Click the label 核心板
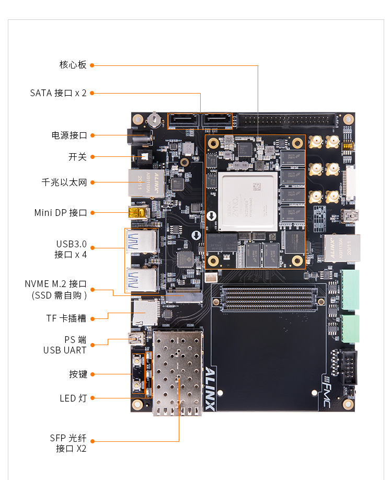coord(73,65)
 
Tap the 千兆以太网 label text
coord(64,182)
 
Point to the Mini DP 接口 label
coord(60,213)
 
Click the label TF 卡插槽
coord(66,318)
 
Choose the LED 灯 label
coord(73,398)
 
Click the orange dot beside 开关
coord(92,156)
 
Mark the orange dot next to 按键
coord(92,374)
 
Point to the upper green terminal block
coord(351,289)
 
